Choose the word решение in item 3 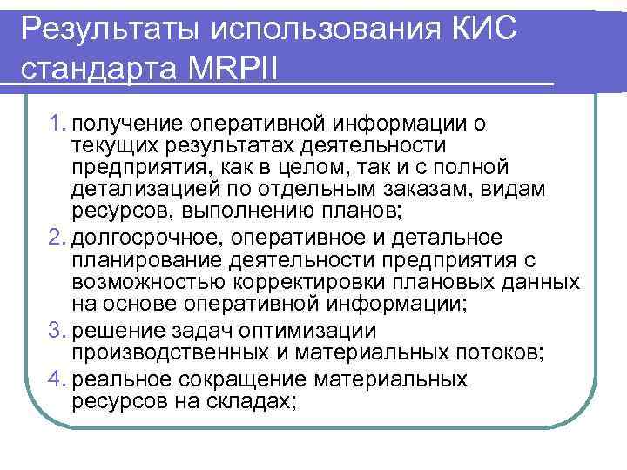click(115, 331)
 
